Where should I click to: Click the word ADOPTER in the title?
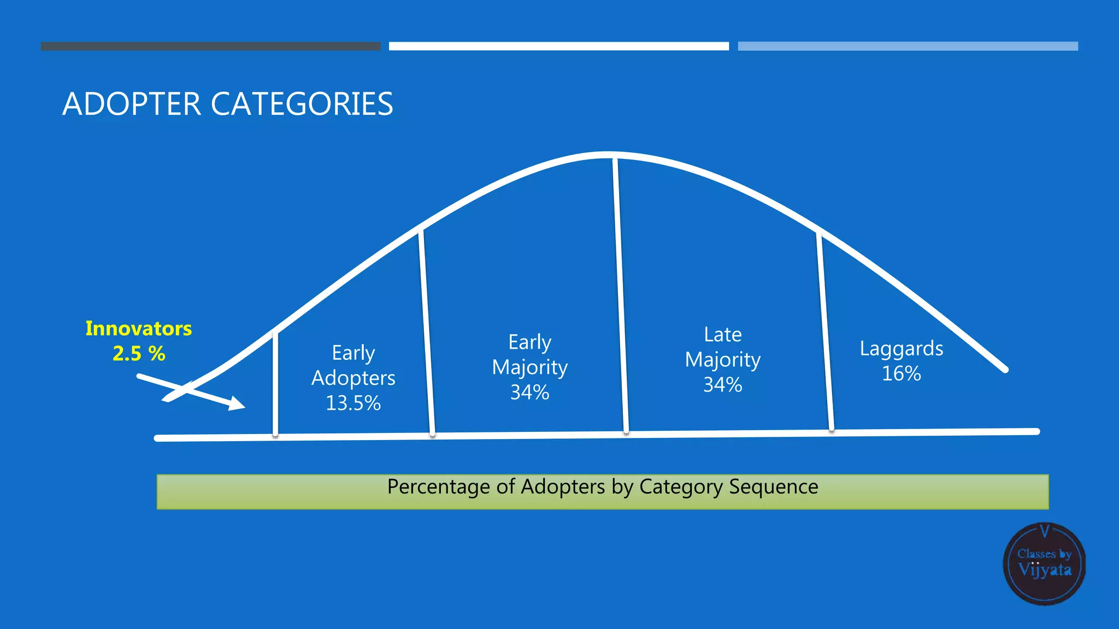click(132, 104)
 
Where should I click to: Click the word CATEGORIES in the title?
click(302, 104)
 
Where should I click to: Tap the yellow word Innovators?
click(138, 329)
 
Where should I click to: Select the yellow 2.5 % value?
click(138, 354)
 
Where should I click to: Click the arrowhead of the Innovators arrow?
click(237, 404)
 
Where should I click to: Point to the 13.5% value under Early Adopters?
click(353, 403)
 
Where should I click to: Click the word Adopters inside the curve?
click(353, 378)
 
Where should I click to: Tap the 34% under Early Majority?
click(529, 392)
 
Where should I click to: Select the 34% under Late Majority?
click(722, 384)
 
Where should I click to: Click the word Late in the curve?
click(722, 334)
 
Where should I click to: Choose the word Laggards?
click(901, 348)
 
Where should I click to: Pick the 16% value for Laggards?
click(901, 373)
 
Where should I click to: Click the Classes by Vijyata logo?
click(1044, 563)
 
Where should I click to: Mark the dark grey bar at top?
click(210, 46)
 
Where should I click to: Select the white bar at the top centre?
click(558, 46)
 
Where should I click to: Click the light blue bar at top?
click(908, 46)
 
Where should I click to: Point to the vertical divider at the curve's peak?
click(620, 295)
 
